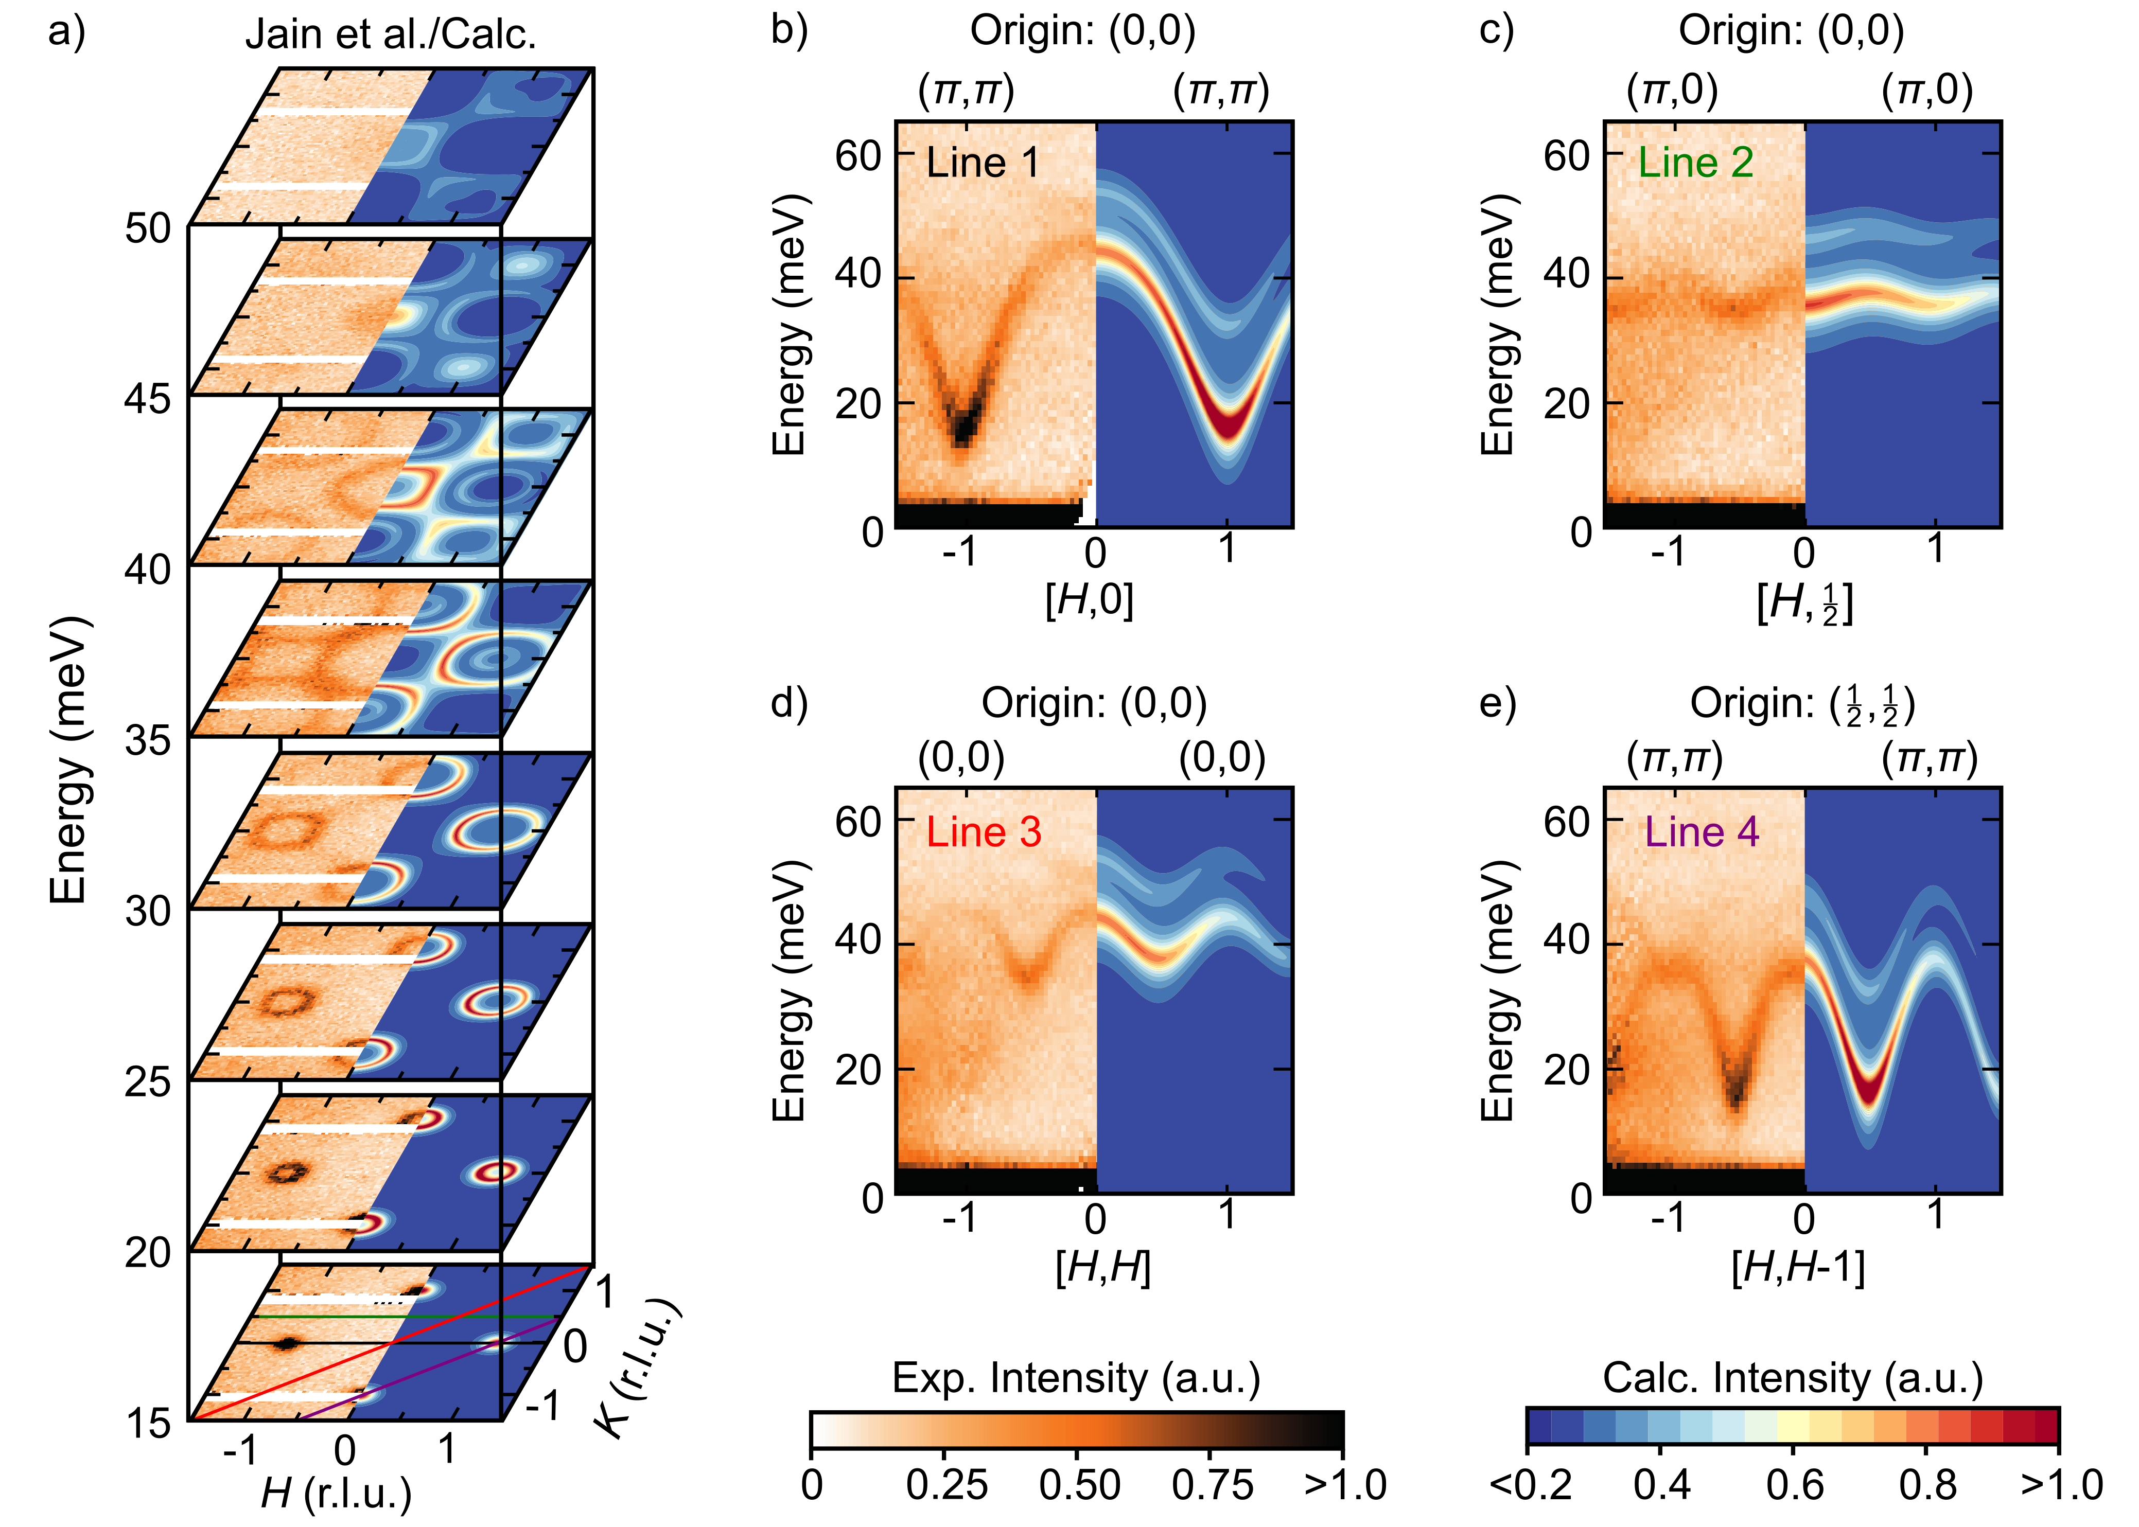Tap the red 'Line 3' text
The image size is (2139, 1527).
pos(983,832)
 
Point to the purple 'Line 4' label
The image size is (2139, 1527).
pos(1700,832)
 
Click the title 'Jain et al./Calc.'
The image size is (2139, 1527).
pos(390,35)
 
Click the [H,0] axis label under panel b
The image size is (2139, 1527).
pos(1089,600)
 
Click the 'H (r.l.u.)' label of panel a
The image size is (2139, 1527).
pos(336,1492)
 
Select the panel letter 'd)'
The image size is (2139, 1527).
pos(788,702)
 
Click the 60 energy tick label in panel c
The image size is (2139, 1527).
pos(1565,155)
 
